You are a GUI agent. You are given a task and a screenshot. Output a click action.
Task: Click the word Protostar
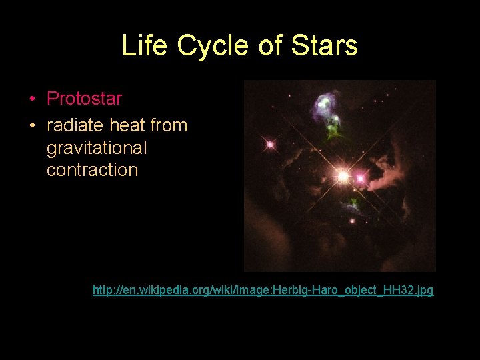84,99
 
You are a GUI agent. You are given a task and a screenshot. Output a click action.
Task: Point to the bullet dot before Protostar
32,99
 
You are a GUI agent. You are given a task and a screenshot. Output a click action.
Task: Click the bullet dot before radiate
32,125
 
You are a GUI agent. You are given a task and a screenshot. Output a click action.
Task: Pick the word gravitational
97,147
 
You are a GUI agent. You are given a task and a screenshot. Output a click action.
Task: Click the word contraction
92,170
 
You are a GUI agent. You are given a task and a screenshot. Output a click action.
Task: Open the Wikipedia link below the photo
263,291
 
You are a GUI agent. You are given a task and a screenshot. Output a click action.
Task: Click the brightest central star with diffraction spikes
343,176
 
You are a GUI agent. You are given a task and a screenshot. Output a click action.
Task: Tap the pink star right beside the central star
361,179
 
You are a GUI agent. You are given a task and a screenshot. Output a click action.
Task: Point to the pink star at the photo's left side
270,144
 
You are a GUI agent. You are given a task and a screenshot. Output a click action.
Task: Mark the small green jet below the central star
354,201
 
